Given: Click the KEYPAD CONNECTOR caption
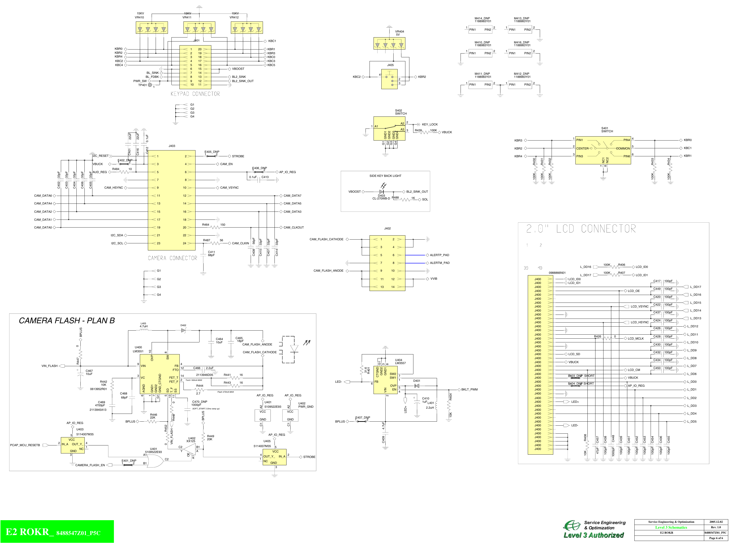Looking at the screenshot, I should [195, 94].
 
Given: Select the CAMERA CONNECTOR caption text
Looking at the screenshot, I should [172, 258].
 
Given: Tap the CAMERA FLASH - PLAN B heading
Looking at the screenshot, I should [67, 320].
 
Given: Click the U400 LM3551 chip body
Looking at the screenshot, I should [160, 374].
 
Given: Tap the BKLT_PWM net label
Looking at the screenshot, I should [469, 390].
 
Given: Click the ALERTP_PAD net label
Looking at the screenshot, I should [439, 255].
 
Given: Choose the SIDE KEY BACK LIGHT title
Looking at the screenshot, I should [385, 176].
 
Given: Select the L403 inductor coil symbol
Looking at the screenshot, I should [144, 330].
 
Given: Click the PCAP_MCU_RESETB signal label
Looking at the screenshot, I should [25, 445].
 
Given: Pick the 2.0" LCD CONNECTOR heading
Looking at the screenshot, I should [581, 229].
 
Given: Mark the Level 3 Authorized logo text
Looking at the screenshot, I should [594, 535].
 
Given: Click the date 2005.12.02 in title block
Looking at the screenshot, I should [716, 522].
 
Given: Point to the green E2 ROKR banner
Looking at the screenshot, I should [57, 532].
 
